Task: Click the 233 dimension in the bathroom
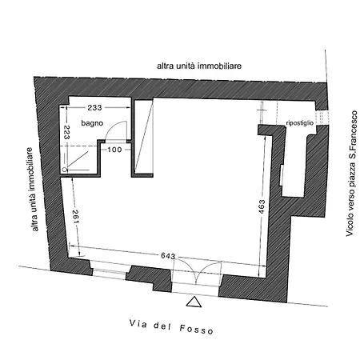[x=94, y=107]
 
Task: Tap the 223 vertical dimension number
[x=66, y=132]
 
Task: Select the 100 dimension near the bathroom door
[x=114, y=150]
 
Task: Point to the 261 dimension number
[x=75, y=217]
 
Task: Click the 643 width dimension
[x=168, y=256]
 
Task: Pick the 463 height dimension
[x=262, y=206]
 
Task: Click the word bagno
[x=92, y=123]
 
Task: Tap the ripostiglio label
[x=300, y=123]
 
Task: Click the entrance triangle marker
[x=194, y=302]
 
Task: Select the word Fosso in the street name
[x=197, y=330]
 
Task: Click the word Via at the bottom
[x=138, y=324]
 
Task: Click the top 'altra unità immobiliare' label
[x=199, y=66]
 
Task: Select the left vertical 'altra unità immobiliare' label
[x=33, y=190]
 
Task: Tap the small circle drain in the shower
[x=64, y=170]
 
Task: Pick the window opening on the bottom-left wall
[x=110, y=271]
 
